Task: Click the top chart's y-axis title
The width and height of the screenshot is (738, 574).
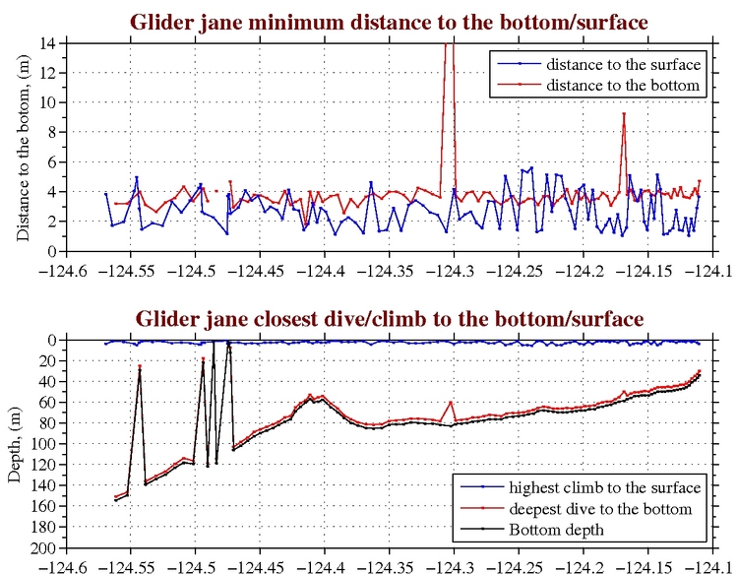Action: point(24,147)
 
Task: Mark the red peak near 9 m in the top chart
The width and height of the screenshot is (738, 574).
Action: point(623,114)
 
